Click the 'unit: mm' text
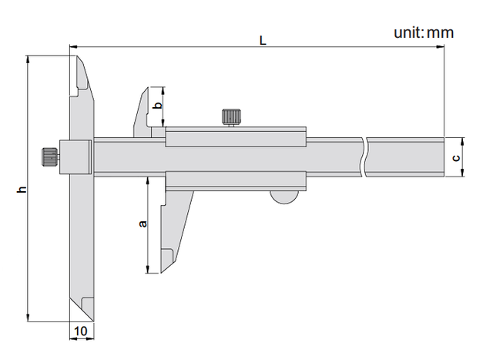pyautogui.click(x=424, y=32)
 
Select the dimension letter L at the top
pyautogui.click(x=263, y=41)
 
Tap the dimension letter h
pyautogui.click(x=22, y=189)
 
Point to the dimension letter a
pyautogui.click(x=143, y=224)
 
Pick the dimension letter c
pyautogui.click(x=455, y=157)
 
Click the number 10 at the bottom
pyautogui.click(x=81, y=331)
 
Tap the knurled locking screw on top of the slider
pyautogui.click(x=231, y=117)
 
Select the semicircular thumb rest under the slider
pyautogui.click(x=284, y=197)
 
